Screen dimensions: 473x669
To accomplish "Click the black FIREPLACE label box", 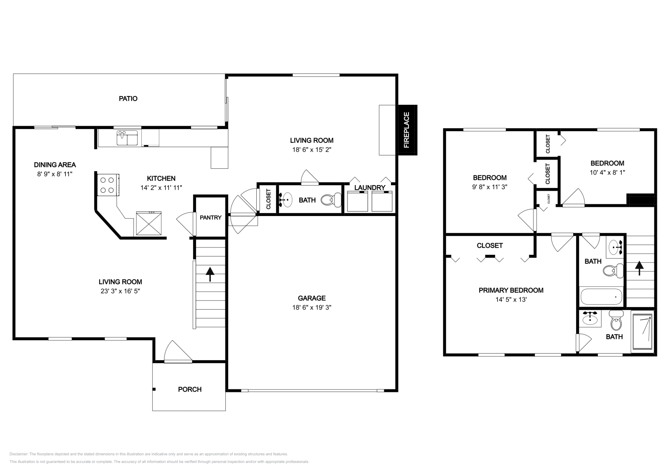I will coord(407,130).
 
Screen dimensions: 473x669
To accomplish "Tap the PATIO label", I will coord(128,99).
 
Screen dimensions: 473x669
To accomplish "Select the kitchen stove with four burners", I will coord(108,185).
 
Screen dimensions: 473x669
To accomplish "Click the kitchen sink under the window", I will coord(127,138).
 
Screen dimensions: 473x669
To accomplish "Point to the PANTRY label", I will coord(210,217).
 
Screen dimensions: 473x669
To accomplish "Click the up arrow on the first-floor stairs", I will coord(210,274).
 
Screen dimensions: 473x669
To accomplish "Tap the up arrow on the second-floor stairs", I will coord(639,268).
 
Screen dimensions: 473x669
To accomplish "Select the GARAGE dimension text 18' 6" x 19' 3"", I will coord(312,308).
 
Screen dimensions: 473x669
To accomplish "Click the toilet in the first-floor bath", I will coord(331,200).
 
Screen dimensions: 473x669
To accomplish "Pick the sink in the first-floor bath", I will coord(287,200).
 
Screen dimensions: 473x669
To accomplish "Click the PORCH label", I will coord(189,389).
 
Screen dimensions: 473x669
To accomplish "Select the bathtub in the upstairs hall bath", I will coord(601,297).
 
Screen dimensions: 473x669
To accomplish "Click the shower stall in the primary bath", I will coord(642,332).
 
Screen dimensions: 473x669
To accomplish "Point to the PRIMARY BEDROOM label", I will coord(511,290).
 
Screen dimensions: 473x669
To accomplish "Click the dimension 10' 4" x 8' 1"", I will coord(607,172).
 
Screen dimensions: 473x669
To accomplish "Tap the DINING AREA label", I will coord(55,165).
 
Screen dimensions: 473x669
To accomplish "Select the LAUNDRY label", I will coord(370,188).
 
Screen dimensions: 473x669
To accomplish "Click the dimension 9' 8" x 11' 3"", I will coord(490,187).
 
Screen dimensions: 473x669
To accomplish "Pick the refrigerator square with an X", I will coord(149,224).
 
